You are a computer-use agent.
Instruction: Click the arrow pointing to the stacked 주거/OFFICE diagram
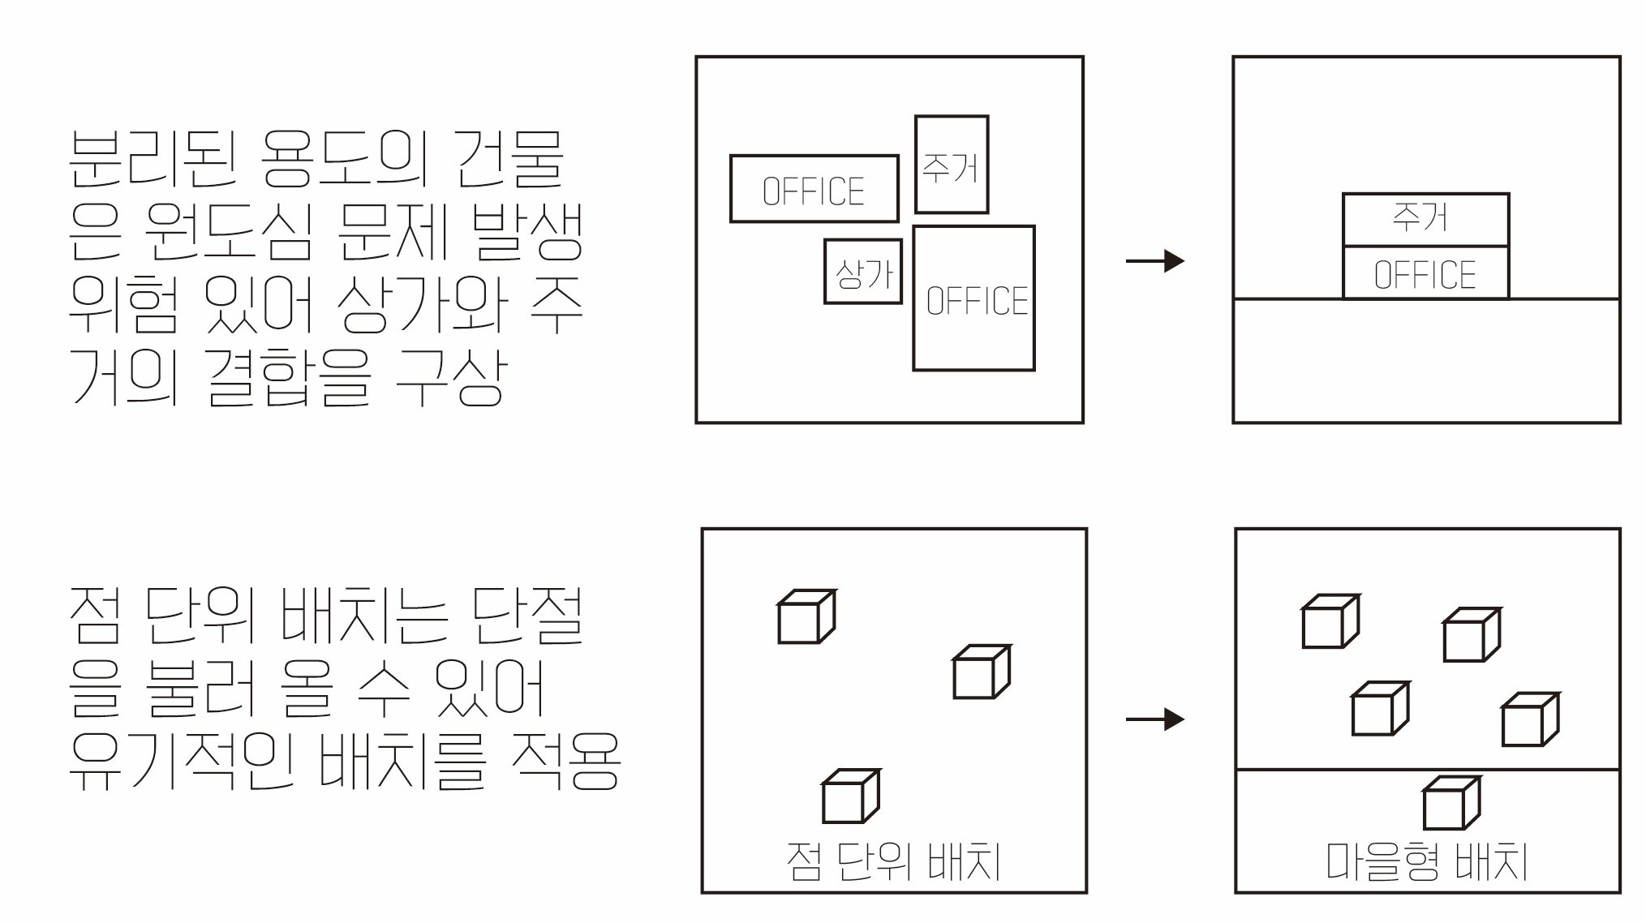click(x=1155, y=260)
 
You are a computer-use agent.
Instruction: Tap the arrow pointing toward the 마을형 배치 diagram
click(x=1155, y=719)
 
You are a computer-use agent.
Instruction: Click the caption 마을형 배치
click(x=1426, y=861)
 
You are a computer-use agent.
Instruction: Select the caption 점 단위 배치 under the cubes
click(x=893, y=861)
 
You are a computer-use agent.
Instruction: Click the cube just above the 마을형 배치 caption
click(x=1452, y=803)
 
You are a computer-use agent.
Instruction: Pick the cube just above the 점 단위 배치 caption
click(x=851, y=796)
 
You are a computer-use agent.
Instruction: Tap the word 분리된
click(x=153, y=157)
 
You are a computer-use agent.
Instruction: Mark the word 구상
click(x=451, y=377)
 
